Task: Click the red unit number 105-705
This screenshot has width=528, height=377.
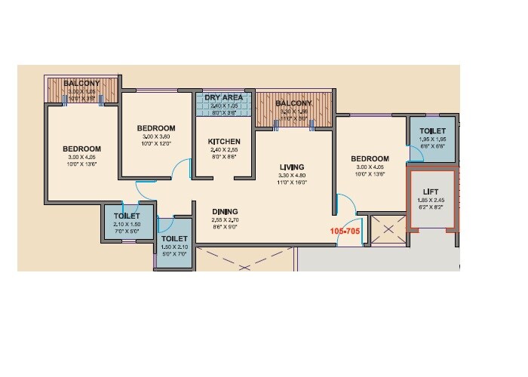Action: click(x=345, y=231)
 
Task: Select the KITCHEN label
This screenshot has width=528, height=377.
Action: click(x=224, y=141)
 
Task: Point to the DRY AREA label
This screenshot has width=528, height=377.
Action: click(x=224, y=98)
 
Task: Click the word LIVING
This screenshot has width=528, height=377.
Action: click(x=291, y=167)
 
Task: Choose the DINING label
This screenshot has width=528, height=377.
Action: click(x=224, y=211)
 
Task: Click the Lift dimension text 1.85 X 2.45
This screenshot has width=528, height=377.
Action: click(x=431, y=201)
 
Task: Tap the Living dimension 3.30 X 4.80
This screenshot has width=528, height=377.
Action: click(x=291, y=175)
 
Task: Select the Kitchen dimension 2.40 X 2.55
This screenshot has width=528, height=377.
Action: click(x=224, y=150)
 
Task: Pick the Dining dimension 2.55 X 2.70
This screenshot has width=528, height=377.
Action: click(x=224, y=219)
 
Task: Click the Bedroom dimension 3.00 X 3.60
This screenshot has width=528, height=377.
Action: click(x=156, y=136)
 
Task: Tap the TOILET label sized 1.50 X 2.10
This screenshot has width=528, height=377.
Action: click(x=173, y=239)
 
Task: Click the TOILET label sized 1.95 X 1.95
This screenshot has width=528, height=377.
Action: click(x=432, y=131)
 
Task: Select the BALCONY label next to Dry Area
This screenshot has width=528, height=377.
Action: click(x=293, y=103)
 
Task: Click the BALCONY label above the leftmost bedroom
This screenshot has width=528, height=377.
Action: click(x=81, y=83)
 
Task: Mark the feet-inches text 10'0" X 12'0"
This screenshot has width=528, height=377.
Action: click(x=156, y=144)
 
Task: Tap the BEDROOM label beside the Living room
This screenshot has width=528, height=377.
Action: click(x=370, y=159)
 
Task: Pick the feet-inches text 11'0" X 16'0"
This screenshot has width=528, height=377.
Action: click(x=291, y=182)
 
